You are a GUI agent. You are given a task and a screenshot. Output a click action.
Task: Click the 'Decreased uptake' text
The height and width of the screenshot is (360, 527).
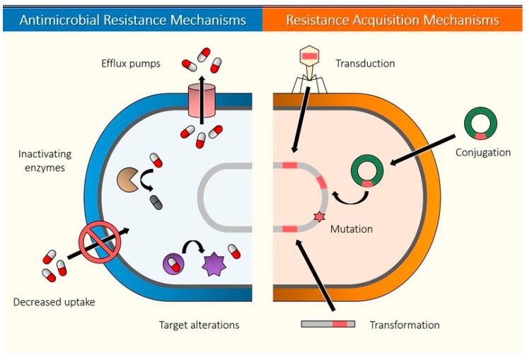tap(54, 302)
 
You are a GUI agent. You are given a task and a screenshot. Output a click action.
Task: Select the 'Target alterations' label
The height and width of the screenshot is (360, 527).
tap(199, 325)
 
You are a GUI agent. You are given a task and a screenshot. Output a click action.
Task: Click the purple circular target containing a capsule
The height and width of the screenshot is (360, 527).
tap(173, 264)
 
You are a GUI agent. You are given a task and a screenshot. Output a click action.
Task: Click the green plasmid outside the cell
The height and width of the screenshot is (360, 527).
tap(480, 122)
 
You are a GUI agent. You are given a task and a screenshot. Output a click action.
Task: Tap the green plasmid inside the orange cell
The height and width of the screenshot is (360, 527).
tap(367, 171)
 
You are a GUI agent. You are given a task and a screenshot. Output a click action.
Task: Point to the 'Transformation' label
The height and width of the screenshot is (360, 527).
tap(404, 325)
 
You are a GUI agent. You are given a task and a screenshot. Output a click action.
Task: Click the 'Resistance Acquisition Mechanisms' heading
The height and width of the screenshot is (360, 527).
tap(392, 19)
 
